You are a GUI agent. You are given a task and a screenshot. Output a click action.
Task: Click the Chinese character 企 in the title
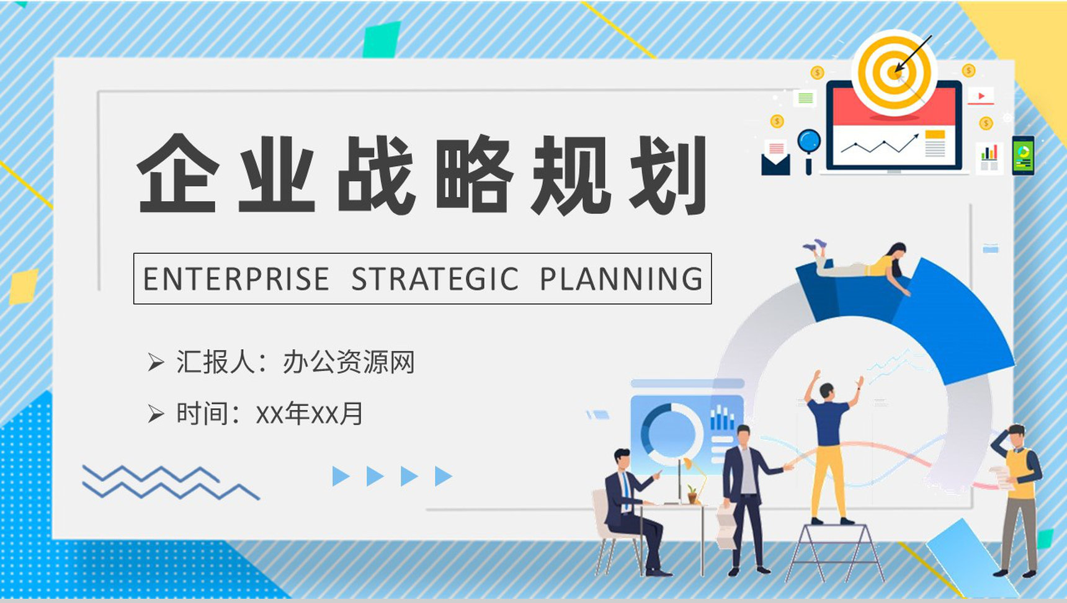coord(178,174)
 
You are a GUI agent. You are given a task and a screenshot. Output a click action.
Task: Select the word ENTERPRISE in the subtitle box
coord(236,279)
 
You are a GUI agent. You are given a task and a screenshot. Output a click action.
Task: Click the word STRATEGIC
coord(435,279)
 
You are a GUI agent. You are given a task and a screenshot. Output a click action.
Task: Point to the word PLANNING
coord(621,279)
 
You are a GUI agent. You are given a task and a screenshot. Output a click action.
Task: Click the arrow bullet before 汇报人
coord(156,362)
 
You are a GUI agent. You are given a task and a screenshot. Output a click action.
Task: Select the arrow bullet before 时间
coord(156,413)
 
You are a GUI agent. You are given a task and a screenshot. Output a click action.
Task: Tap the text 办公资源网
coord(349,362)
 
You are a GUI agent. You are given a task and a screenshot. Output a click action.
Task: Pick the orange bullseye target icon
coord(894,73)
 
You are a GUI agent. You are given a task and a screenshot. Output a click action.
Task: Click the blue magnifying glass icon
coord(809,145)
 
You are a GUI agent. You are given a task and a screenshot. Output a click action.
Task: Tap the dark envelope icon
coord(775,163)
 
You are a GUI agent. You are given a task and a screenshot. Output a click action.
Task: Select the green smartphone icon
coord(1023,155)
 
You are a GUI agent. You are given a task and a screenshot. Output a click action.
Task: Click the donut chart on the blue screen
coord(670,431)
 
